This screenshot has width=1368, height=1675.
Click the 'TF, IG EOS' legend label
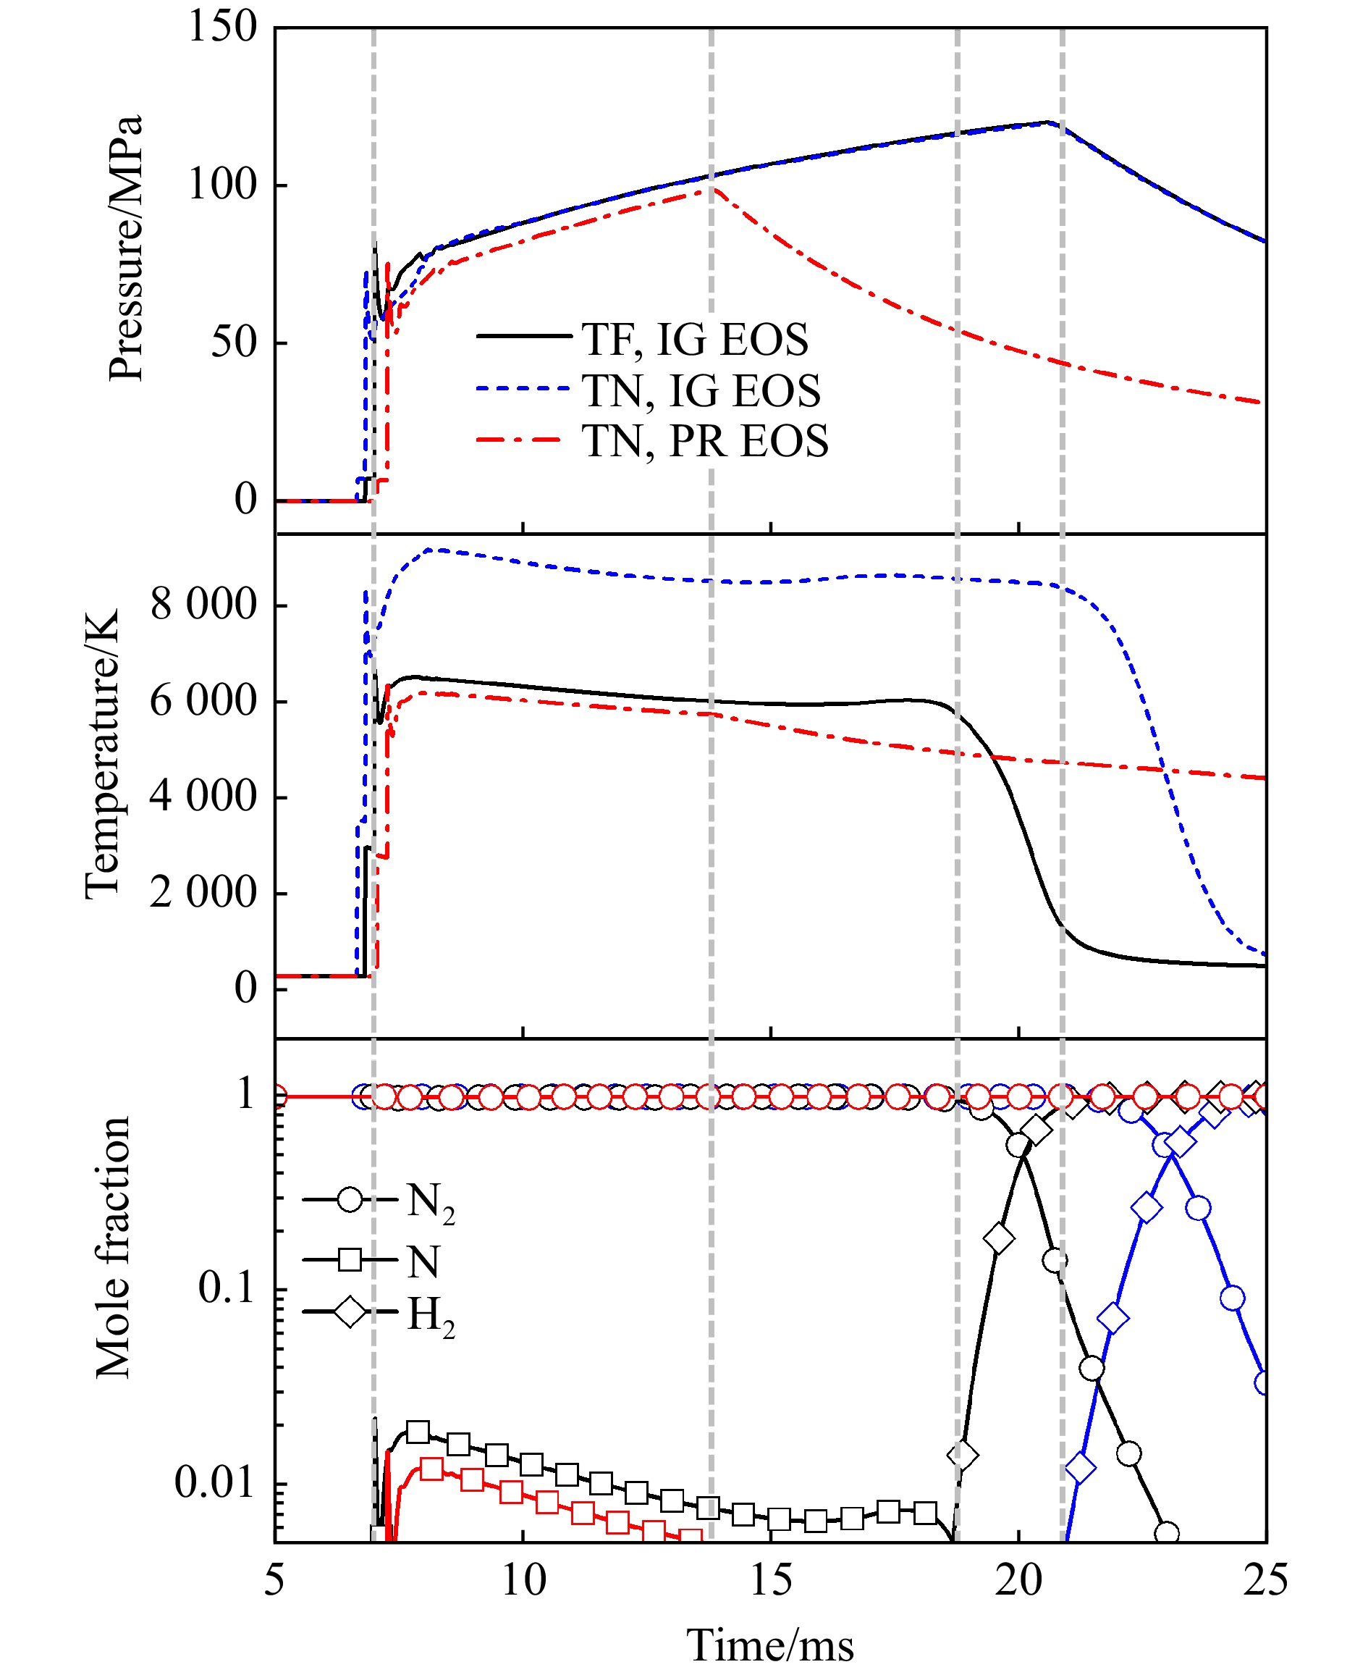click(694, 340)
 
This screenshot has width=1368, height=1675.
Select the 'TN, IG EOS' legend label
click(701, 391)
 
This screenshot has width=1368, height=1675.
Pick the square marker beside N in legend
click(350, 1259)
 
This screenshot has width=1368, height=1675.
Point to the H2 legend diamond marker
click(350, 1312)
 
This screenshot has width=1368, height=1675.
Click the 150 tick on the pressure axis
click(222, 27)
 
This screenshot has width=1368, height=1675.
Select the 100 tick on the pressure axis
click(222, 185)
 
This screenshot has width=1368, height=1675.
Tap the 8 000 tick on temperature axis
click(203, 605)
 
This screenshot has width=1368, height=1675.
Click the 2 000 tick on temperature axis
click(203, 893)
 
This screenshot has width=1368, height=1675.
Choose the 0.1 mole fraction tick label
click(225, 1288)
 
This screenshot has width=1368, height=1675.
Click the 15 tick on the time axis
click(770, 1579)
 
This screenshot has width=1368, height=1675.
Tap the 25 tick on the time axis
click(1264, 1579)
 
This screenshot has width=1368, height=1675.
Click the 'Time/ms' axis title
click(770, 1646)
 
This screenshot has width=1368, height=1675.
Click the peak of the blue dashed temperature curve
click(436, 550)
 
